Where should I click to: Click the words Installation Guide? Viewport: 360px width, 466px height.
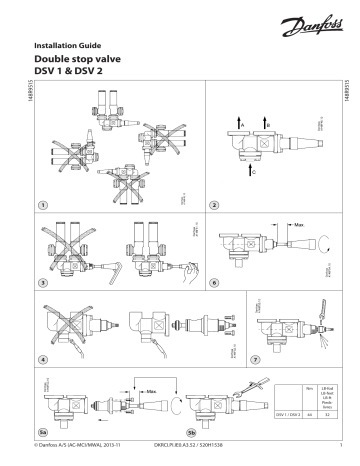point(68,45)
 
